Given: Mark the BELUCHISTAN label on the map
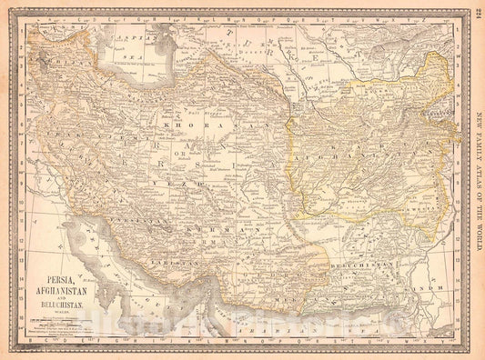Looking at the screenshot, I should click(x=382, y=265).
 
